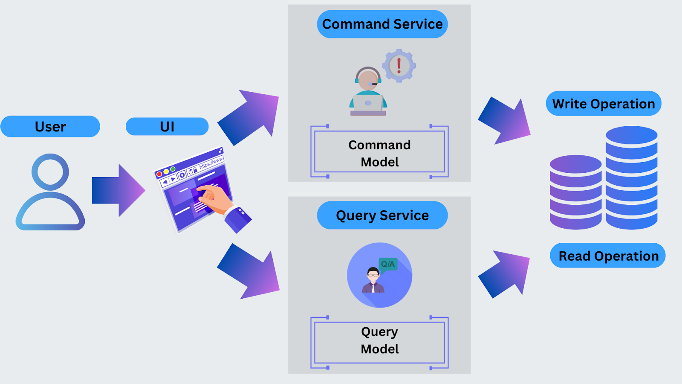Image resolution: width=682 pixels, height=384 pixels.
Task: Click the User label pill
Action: coord(50,126)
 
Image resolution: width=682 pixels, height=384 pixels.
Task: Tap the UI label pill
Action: coord(167,126)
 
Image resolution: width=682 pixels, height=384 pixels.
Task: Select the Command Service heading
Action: coord(382,24)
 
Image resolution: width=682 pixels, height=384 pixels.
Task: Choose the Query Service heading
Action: coord(382,215)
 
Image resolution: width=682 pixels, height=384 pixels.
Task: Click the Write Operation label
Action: coord(604,104)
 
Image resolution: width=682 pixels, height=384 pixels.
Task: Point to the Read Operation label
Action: coord(608,256)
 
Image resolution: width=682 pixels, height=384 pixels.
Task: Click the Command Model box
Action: coord(379,153)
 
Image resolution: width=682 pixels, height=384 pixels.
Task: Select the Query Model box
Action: coord(379,340)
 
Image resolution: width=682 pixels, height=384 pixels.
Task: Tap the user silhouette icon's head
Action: coord(50,172)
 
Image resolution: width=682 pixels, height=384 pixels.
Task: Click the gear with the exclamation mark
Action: coord(399,65)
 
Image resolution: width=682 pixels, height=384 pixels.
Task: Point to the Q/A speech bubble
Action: coord(388,264)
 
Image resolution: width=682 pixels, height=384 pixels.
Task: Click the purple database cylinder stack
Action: coord(575,192)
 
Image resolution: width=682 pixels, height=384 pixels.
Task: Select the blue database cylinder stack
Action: coord(632,177)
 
